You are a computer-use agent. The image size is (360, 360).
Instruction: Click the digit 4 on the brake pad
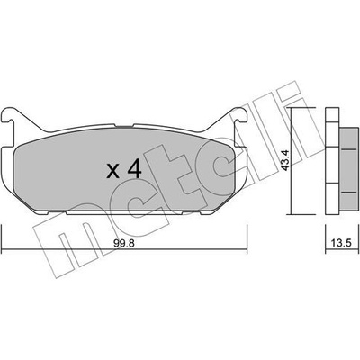134,169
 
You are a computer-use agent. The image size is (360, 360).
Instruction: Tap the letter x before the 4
113,172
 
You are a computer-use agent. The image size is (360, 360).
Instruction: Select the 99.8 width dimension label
124,243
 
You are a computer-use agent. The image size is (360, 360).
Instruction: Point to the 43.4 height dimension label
286,160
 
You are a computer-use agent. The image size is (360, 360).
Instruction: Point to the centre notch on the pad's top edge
124,126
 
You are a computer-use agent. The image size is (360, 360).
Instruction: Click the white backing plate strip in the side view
332,161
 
